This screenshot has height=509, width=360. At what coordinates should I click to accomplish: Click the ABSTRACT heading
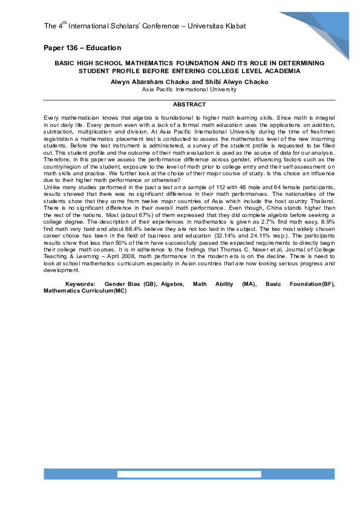pyautogui.click(x=189, y=105)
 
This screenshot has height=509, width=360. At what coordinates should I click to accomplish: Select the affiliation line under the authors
pyautogui.click(x=189, y=89)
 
